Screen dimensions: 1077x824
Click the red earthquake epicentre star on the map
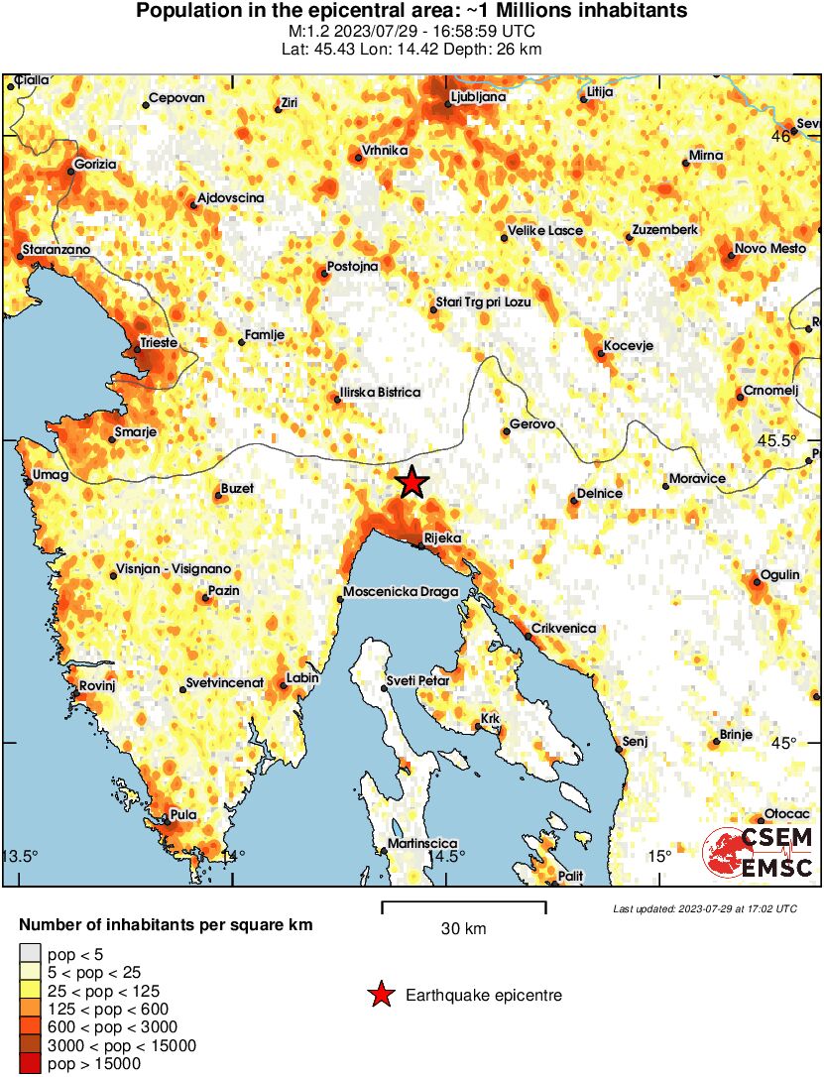coord(412,483)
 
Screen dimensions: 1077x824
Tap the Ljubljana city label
coord(478,97)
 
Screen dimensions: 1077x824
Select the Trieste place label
coord(159,342)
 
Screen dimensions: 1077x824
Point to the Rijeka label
coord(442,538)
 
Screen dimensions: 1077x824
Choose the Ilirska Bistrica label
coord(380,393)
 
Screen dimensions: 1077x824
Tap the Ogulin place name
coord(779,575)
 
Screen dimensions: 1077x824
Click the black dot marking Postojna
coord(324,273)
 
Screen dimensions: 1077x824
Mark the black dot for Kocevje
coord(602,351)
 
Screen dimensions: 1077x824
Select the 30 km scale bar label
coord(463,929)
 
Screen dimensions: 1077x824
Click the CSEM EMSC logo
coord(759,853)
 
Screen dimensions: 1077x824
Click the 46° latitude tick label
coord(782,137)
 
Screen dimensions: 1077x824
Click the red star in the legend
coord(381,995)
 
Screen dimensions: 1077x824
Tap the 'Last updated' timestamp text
coord(704,908)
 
